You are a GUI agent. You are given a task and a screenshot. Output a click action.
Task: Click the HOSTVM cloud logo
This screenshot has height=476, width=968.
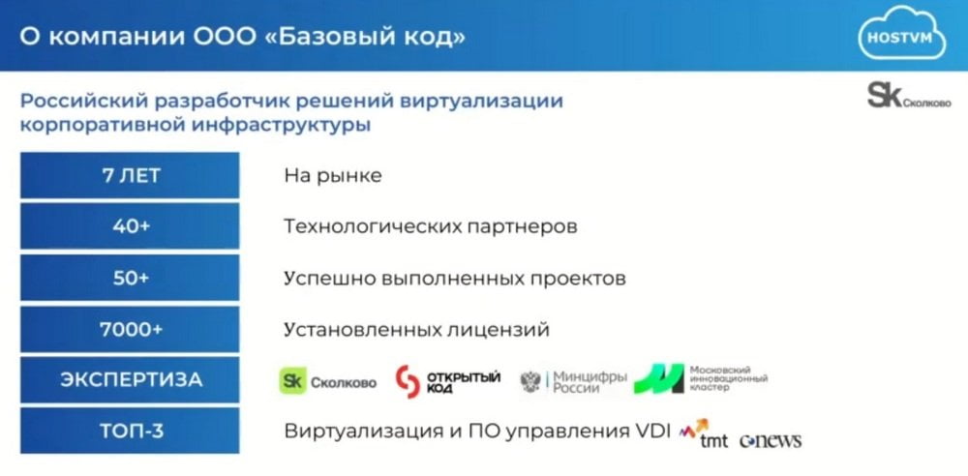(x=902, y=33)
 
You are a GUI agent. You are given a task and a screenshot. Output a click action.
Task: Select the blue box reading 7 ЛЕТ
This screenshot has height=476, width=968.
(x=130, y=176)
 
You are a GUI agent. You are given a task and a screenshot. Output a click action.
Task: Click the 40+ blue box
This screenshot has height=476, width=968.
(x=130, y=226)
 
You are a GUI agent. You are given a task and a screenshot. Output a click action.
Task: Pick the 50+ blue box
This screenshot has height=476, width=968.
(x=130, y=279)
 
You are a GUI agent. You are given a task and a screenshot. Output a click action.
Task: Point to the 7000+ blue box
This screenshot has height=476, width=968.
(x=130, y=330)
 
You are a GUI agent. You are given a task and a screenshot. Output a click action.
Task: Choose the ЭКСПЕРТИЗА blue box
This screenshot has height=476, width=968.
(x=130, y=380)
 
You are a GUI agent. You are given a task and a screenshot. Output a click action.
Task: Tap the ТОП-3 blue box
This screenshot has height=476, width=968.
(x=130, y=431)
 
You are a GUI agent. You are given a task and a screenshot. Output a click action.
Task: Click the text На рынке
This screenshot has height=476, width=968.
(x=333, y=177)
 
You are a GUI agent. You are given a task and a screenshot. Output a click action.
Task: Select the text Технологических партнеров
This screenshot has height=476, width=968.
(x=431, y=227)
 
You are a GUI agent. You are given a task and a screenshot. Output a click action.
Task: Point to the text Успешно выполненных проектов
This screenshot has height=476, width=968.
(x=454, y=279)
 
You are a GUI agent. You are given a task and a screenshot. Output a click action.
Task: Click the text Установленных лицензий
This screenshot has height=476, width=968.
(x=416, y=330)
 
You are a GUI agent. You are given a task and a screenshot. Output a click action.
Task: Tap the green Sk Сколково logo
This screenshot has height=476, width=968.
(x=328, y=381)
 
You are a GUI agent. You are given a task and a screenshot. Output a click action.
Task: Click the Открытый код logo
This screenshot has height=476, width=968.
(x=447, y=381)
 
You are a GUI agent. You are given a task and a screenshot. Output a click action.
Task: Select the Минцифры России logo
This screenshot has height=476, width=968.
(x=573, y=381)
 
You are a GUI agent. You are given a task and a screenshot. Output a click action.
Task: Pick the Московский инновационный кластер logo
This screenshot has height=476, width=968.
(x=701, y=378)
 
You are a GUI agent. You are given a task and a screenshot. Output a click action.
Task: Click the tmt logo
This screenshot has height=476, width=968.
(x=703, y=434)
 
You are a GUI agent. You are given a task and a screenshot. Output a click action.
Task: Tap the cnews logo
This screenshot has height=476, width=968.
(x=771, y=440)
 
